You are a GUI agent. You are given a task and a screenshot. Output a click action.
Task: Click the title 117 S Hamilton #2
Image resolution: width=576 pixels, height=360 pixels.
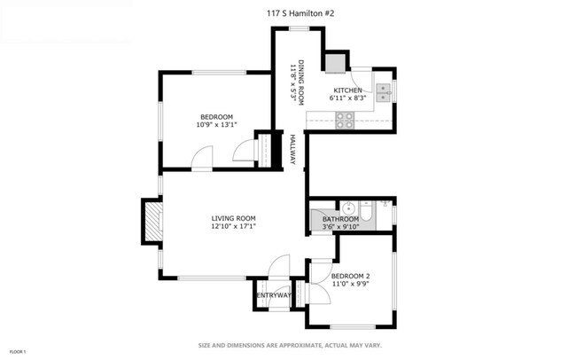300,13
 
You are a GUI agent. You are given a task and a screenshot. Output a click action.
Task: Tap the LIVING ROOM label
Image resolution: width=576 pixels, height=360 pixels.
233,218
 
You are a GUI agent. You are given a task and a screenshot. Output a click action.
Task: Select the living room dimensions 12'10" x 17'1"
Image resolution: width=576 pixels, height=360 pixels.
233,226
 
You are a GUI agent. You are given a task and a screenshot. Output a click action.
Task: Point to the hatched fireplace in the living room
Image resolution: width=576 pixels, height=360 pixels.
152,221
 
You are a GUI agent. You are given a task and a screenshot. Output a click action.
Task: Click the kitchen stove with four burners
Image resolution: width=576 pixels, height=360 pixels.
345,121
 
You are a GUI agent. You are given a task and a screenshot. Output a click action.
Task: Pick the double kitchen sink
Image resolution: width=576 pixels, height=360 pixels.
383,93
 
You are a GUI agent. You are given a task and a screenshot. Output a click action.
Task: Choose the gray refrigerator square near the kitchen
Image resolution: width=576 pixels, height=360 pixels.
335,64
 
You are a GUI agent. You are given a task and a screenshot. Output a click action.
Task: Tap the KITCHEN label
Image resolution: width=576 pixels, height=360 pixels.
347,90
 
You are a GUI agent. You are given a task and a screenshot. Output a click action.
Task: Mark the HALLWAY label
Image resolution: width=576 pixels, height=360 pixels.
292,149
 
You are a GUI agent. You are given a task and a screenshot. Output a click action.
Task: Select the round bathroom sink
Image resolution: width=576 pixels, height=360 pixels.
347,209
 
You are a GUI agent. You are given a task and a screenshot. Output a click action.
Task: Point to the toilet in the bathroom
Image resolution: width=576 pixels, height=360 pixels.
366,210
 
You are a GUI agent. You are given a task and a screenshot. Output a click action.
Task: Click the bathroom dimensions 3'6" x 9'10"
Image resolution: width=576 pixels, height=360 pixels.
340,227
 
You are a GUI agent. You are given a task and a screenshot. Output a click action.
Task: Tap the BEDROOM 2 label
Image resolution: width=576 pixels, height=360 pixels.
350,276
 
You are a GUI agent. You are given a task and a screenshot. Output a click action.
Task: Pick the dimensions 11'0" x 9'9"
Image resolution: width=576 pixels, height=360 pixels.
350,284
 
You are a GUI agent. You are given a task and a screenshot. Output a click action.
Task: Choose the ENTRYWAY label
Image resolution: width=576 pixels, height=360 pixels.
274,295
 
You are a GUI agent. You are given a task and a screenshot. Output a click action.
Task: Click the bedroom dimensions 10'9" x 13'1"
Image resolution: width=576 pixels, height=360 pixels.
217,125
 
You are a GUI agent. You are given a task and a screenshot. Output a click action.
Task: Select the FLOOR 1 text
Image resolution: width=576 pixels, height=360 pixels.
17,352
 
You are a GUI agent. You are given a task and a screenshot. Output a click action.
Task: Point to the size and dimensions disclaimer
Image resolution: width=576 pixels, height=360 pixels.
290,345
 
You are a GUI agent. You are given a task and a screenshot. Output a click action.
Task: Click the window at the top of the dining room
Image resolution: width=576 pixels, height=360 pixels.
299,28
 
